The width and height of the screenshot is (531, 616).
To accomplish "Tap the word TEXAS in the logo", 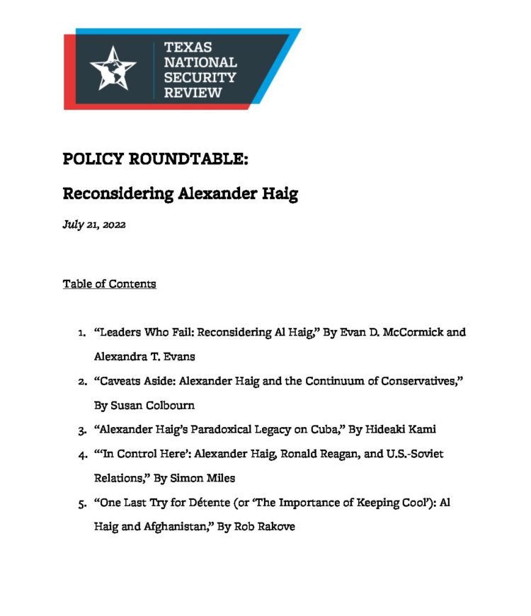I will coord(188,48).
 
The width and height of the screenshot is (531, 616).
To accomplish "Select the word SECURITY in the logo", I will coord(200,77).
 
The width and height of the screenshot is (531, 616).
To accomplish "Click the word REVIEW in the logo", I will coord(193,92).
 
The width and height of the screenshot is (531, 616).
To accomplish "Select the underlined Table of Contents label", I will coord(109,284).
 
